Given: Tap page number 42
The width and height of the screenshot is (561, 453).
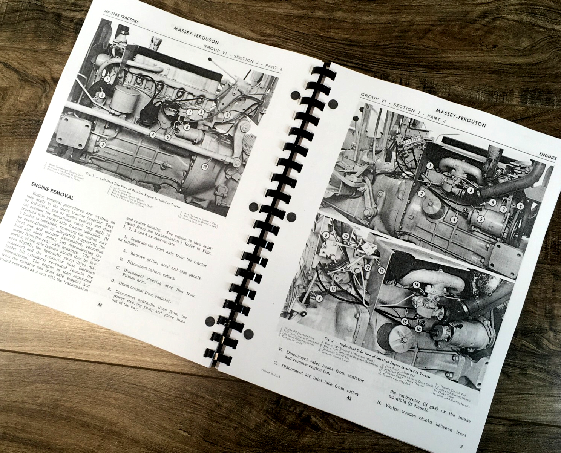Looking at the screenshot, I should coord(100,305).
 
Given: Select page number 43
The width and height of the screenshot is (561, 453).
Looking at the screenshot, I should coord(349,398).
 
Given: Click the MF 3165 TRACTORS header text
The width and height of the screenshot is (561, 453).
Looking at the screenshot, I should coord(121,17).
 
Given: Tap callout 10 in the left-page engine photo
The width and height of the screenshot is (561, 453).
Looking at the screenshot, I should coord(205,166).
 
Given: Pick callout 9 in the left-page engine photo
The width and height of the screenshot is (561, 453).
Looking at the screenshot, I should coord(227,115).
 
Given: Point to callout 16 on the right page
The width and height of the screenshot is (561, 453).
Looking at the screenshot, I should coord(418,329).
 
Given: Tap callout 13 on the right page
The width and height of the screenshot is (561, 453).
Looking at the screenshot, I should coord(382,270).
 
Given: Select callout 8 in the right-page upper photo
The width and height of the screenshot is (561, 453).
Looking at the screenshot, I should coord(520,206).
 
